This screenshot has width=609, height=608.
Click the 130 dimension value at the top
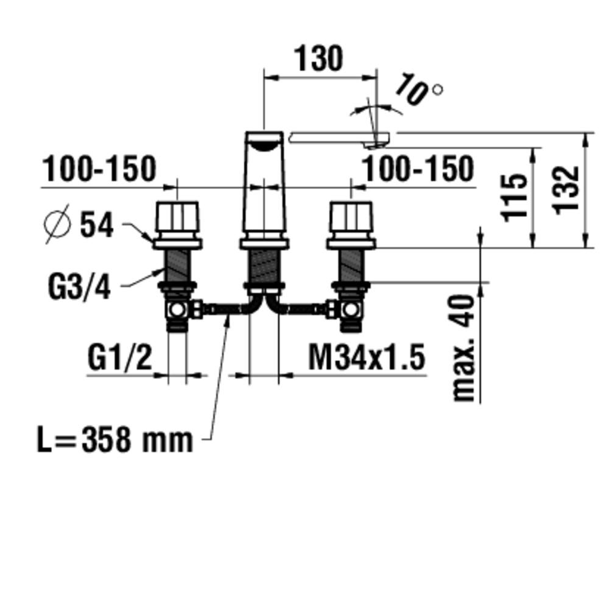click(319, 58)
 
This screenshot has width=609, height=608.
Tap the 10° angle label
click(418, 90)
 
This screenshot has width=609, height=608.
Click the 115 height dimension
click(513, 198)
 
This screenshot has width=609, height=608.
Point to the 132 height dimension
click(566, 190)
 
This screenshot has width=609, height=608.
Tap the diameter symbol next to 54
click(57, 224)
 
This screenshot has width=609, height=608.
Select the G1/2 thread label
click(119, 358)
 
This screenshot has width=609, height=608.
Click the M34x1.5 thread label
click(367, 358)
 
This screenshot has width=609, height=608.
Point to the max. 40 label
click(463, 348)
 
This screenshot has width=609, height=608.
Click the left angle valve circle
click(177, 310)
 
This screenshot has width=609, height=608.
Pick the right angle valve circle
click(351, 310)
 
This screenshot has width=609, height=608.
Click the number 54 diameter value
click(97, 224)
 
